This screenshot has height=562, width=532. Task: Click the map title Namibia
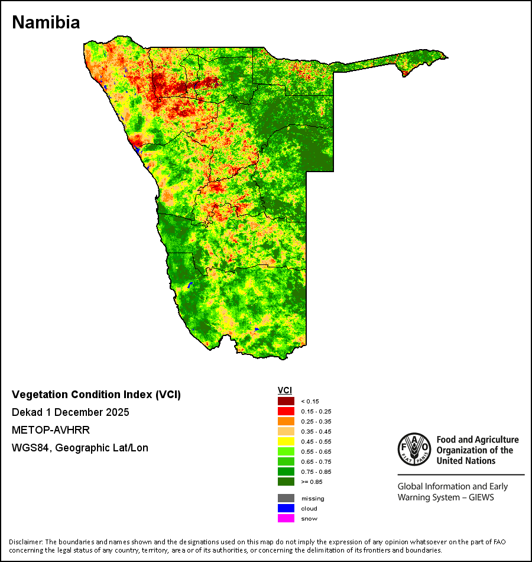(x=46, y=22)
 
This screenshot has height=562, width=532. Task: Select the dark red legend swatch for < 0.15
(x=286, y=401)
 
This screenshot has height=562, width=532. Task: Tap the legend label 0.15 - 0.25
(x=316, y=412)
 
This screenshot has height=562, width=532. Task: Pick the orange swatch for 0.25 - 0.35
(x=286, y=421)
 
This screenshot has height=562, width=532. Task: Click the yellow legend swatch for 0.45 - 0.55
(x=286, y=441)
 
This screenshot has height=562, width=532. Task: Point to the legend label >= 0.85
(x=312, y=482)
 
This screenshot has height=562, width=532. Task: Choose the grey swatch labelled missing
(x=286, y=498)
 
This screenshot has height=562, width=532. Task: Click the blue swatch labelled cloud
(x=286, y=508)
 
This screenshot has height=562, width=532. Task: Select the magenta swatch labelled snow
(x=286, y=518)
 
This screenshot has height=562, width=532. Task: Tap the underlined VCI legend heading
(x=285, y=390)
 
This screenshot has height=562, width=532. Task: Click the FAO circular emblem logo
(x=414, y=449)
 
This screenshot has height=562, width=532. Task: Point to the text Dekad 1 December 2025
(x=70, y=412)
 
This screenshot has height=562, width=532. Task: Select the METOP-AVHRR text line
(x=50, y=429)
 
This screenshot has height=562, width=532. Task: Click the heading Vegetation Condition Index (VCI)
(x=96, y=394)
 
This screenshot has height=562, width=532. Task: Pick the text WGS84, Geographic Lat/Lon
(x=80, y=448)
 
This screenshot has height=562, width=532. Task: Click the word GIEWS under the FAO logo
(x=482, y=498)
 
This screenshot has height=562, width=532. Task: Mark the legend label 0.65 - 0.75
(x=316, y=461)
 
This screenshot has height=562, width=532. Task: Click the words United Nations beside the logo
(x=466, y=461)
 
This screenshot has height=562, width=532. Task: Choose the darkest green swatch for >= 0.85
(x=286, y=482)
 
